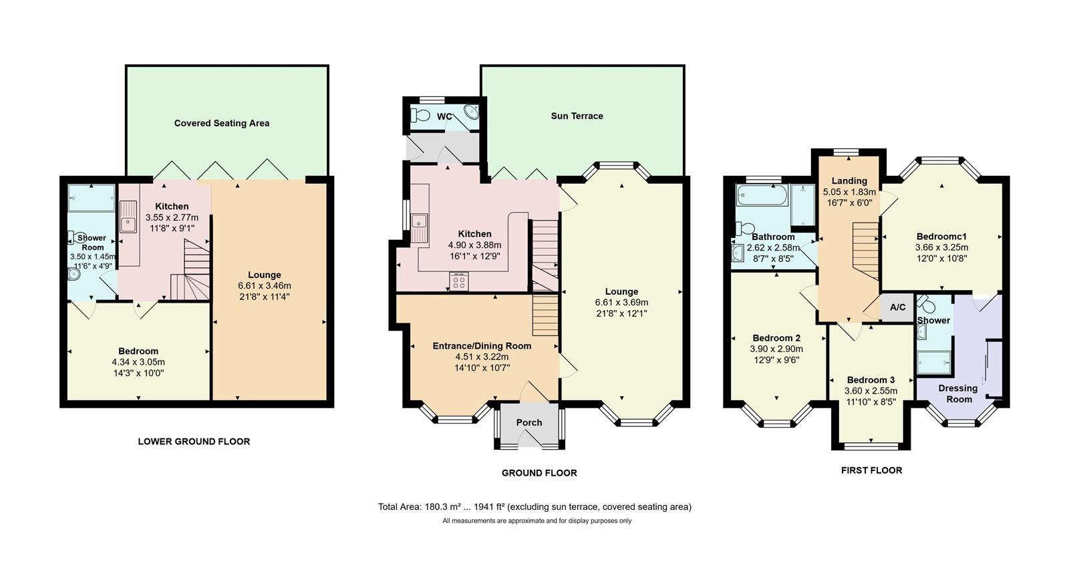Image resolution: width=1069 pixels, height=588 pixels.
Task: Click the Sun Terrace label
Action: point(577,116)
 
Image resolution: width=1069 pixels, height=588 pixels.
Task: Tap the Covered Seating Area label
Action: point(221,123)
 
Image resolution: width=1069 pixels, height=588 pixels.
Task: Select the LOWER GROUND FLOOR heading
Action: point(194,442)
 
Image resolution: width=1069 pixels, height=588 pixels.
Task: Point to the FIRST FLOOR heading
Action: point(871,470)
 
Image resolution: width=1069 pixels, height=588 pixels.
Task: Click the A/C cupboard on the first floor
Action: point(897,307)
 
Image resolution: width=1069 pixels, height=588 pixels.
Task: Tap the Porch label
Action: point(528,422)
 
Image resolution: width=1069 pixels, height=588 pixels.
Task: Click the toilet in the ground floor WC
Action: point(421,115)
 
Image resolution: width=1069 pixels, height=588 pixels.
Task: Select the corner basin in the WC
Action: point(472,112)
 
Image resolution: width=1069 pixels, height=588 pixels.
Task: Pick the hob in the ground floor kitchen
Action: point(459,281)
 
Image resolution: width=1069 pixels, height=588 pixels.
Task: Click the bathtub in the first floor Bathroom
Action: point(762,195)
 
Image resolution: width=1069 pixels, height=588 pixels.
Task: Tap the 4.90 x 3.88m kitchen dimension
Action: point(474,245)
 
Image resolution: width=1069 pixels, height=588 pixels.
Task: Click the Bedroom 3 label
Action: point(871,380)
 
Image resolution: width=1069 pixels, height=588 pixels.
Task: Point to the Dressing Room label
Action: point(958,394)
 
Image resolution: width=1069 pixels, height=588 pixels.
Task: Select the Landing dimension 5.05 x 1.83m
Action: point(849,192)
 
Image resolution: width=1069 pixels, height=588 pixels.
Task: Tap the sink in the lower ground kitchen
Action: point(128,216)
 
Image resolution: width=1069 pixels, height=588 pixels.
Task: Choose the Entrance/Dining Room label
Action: point(482,346)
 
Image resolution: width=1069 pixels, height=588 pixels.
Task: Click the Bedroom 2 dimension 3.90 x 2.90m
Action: point(776,349)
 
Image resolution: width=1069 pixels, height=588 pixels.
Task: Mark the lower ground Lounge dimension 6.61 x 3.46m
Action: point(265,286)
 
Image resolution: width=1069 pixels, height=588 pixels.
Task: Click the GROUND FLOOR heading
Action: point(539,473)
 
